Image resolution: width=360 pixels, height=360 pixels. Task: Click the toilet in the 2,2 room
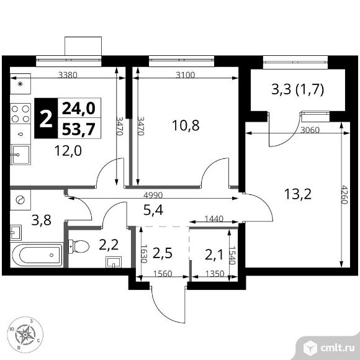pos(79,246)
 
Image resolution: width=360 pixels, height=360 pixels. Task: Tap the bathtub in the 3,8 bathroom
pos(37,255)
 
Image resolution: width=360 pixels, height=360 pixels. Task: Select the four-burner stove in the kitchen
pos(20,114)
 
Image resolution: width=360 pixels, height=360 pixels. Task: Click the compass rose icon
pos(25,335)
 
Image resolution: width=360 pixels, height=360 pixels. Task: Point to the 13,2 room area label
pos(297,194)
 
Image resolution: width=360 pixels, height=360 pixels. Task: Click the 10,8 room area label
pos(186,125)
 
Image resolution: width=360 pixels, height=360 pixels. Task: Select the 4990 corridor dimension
pos(153,195)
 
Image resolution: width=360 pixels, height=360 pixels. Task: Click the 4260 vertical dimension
pos(344,195)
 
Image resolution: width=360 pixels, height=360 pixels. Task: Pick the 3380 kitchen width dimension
pos(68,75)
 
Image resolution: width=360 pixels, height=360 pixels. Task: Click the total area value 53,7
pos(79,129)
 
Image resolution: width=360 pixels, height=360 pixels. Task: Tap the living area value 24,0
pos(79,108)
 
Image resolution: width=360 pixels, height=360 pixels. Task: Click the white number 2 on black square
pos(46,119)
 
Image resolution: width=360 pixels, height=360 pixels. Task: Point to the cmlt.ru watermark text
pos(338,348)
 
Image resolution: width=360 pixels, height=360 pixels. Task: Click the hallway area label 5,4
pos(153,210)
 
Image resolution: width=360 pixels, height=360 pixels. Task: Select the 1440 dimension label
pos(214,219)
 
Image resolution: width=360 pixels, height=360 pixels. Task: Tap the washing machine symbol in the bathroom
pos(20,200)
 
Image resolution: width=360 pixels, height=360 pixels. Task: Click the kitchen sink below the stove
pos(20,155)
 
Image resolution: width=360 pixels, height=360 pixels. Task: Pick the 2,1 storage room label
pos(214,255)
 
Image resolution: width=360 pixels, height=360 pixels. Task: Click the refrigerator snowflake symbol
pos(20,84)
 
